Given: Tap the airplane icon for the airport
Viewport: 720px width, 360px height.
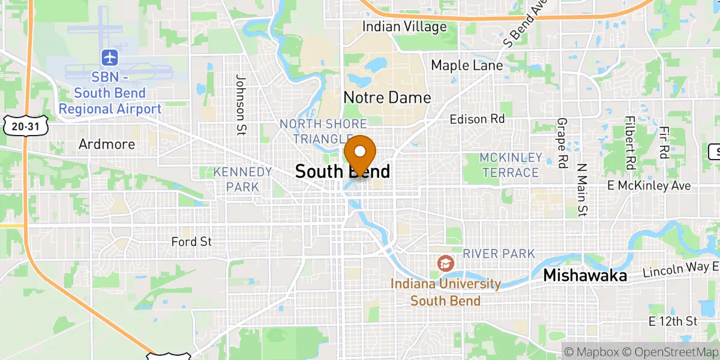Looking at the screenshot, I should click(110, 58).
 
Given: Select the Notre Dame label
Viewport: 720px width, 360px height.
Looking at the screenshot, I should click(387, 97).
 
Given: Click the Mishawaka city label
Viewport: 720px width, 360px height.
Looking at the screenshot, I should click(585, 275).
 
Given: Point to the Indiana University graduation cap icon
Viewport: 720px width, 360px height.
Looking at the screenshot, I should click(445, 263).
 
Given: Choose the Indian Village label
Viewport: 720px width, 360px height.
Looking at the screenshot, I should click(404, 26).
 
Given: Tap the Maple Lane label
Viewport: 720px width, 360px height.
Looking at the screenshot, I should click(467, 65).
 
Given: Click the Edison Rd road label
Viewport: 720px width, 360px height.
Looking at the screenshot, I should click(477, 119).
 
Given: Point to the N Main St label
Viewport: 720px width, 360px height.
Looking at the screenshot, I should click(581, 188).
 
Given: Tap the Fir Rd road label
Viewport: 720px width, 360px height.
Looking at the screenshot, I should click(664, 143).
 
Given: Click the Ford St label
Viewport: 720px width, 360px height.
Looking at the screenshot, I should click(191, 242).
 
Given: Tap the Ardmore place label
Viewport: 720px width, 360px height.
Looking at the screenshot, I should click(107, 144).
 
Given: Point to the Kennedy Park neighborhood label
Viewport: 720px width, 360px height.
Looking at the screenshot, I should click(243, 179).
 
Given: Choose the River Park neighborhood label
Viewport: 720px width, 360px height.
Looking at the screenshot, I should click(498, 254).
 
